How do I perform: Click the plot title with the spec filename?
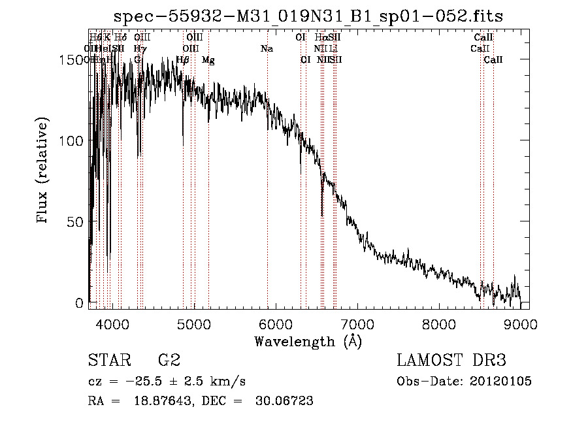pyautogui.click(x=308, y=16)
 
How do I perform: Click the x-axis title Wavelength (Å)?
pyautogui.click(x=307, y=341)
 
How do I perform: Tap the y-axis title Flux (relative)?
pyautogui.click(x=44, y=171)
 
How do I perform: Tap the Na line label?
pyautogui.click(x=267, y=49)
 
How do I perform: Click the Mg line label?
pyautogui.click(x=208, y=60)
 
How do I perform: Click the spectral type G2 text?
pyautogui.click(x=169, y=361)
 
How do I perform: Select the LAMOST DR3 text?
pyautogui.click(x=451, y=361)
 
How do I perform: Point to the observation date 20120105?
pyautogui.click(x=500, y=381)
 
